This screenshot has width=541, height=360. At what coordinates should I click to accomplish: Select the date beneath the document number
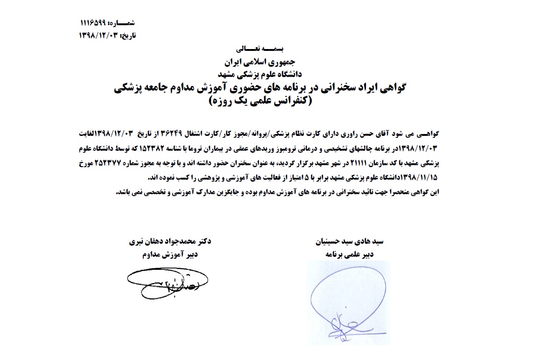(x=98, y=35)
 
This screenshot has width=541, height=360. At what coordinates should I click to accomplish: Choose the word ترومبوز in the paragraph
(x=324, y=148)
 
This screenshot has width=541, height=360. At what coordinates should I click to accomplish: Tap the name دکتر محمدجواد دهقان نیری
(x=170, y=242)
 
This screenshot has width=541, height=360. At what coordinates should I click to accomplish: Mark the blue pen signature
(x=348, y=299)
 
